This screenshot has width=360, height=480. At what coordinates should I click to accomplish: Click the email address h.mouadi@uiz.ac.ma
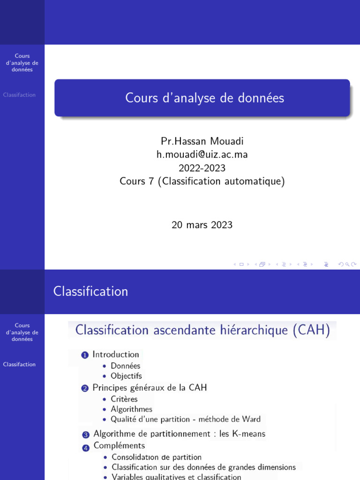pos(202,155)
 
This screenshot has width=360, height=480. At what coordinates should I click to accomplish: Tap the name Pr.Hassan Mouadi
pos(202,141)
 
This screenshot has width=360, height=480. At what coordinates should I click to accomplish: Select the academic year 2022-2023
pos(202,168)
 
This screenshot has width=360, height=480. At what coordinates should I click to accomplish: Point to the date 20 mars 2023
pos(202,225)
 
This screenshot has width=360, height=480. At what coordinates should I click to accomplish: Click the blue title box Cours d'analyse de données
pos(202,98)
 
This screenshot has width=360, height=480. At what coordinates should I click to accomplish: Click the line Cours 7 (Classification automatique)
pos(202,181)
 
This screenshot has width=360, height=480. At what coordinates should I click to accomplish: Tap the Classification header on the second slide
pos(90,292)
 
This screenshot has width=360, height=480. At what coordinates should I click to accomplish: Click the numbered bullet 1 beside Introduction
pos(85,355)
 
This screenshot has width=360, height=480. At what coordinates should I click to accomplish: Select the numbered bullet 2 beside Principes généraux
pos(85,388)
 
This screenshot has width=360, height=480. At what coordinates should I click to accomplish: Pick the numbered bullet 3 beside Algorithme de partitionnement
pos(86,435)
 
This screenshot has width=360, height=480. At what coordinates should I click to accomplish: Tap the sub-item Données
pos(125,366)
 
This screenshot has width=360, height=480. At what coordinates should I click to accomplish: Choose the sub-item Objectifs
pos(126,376)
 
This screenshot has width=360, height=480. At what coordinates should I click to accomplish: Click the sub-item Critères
pos(124,399)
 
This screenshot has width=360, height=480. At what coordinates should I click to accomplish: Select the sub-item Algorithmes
pos(131,409)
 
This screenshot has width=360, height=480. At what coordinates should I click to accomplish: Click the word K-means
pos(248,434)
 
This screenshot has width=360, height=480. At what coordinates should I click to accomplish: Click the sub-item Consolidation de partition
pos(157,457)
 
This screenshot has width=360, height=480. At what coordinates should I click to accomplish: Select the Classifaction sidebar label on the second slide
pos(19,364)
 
